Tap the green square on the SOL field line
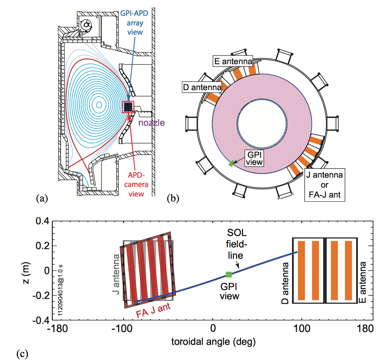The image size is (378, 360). click(x=229, y=274)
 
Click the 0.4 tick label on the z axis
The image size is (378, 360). click(x=42, y=221)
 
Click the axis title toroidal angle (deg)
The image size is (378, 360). click(x=214, y=342)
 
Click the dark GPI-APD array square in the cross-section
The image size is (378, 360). click(x=128, y=107)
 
